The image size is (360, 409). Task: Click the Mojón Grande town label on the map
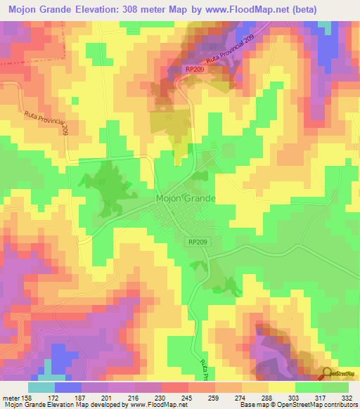[185, 199]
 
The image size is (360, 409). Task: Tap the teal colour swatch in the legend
[41, 387]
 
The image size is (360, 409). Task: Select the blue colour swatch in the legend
[68, 387]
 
